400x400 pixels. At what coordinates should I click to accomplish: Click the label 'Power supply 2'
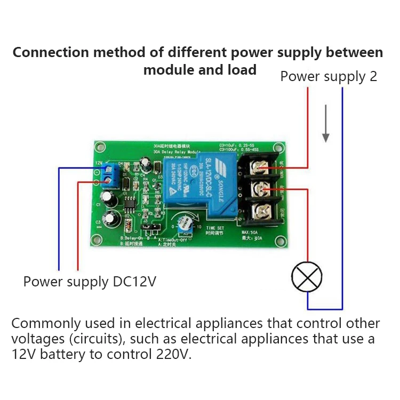click(329, 76)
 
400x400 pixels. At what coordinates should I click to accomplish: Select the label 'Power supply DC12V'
click(90, 281)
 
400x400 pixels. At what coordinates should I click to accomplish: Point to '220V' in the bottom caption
click(173, 354)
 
